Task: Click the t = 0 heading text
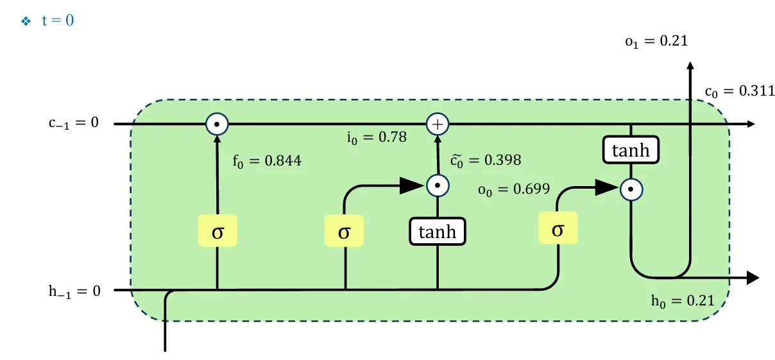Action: pyautogui.click(x=58, y=21)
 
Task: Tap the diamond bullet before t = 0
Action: pyautogui.click(x=26, y=21)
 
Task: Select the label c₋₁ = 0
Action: pyautogui.click(x=74, y=123)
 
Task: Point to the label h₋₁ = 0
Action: pyautogui.click(x=75, y=291)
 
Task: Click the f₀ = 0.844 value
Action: pyautogui.click(x=266, y=160)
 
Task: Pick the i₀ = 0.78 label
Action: pyautogui.click(x=376, y=137)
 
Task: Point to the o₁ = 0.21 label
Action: pyautogui.click(x=656, y=41)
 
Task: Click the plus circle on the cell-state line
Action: pyautogui.click(x=437, y=123)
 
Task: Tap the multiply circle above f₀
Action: pyautogui.click(x=217, y=123)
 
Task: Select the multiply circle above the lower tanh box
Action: pyautogui.click(x=437, y=186)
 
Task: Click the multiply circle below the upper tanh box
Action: pyautogui.click(x=631, y=189)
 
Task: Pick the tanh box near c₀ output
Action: pyautogui.click(x=631, y=151)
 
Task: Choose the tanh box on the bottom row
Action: pyautogui.click(x=437, y=232)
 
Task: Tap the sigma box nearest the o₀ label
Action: pyautogui.click(x=558, y=229)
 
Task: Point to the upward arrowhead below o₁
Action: pyautogui.click(x=690, y=66)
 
